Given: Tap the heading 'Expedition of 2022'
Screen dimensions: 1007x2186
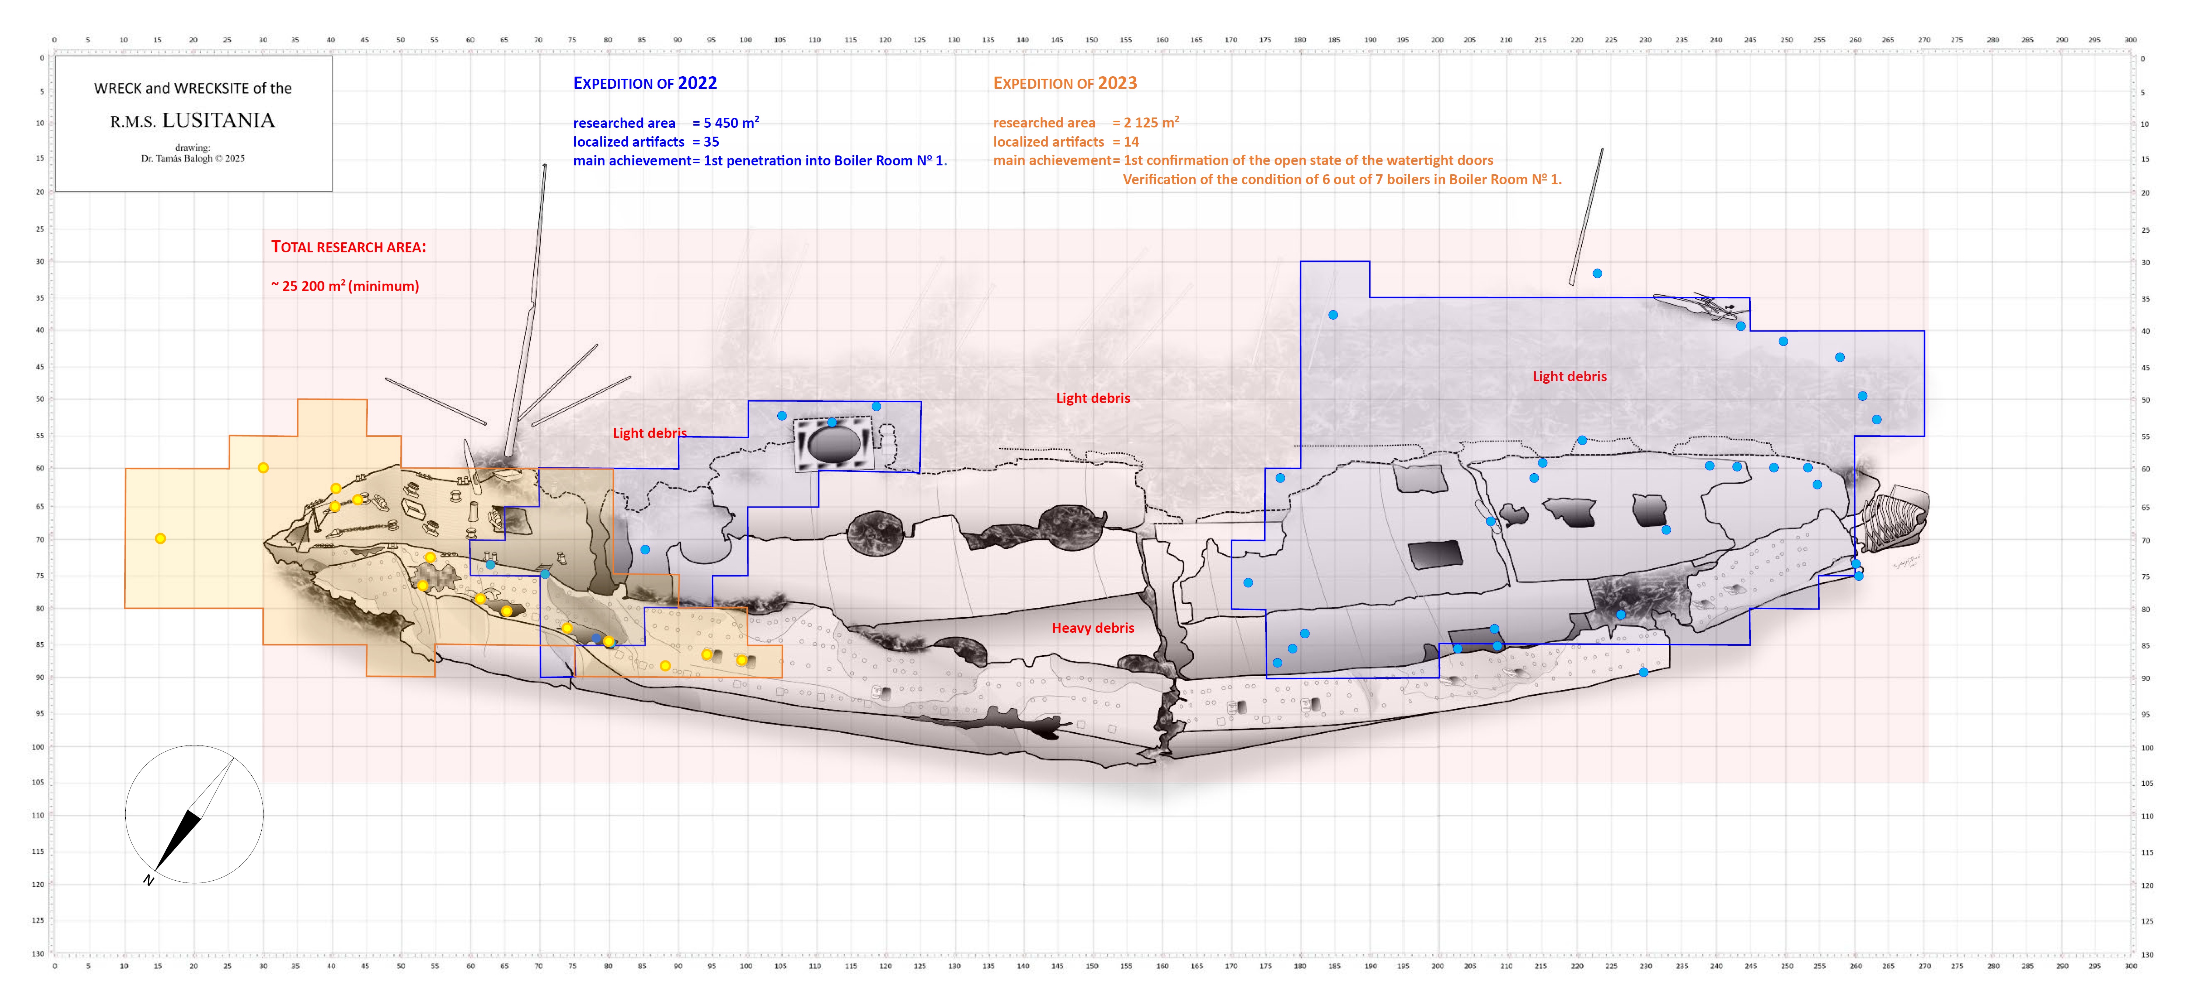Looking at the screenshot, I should click(x=645, y=83).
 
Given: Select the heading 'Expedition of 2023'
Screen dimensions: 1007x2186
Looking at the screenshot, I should click(x=1065, y=83).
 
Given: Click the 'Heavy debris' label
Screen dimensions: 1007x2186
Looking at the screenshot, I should click(x=1093, y=628).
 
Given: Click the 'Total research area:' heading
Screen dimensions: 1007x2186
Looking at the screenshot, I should click(x=349, y=247).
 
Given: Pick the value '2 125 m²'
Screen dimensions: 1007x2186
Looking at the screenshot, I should click(x=1151, y=123).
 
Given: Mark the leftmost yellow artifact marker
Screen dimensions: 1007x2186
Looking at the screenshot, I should click(x=160, y=539).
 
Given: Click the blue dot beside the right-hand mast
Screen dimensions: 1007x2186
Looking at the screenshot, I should click(x=1597, y=273).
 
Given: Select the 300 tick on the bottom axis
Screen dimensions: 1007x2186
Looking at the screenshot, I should click(x=2130, y=966).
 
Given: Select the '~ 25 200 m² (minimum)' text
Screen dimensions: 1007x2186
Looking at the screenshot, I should click(x=345, y=286).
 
